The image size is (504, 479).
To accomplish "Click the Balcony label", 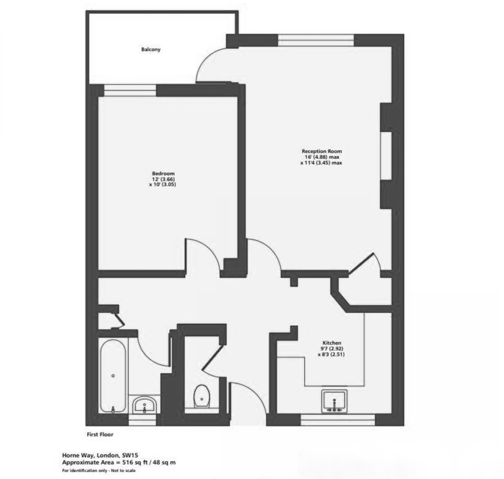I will (151, 50).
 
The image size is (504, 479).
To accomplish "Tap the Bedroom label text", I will (163, 173).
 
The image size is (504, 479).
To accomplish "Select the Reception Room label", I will (322, 151).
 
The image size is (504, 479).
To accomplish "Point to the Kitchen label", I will (332, 343).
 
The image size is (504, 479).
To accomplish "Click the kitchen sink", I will (335, 402).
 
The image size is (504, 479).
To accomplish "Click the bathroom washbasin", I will (144, 404).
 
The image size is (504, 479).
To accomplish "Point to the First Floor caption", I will (100, 435).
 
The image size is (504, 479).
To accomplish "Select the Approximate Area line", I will (119, 463).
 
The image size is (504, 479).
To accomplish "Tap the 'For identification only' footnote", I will (99, 471).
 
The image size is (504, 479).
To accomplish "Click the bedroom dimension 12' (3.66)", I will (164, 179).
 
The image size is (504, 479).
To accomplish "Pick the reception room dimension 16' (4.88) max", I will (322, 157).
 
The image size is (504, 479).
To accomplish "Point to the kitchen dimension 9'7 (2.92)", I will (332, 349).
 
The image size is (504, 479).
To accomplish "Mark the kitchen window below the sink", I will (338, 420).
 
